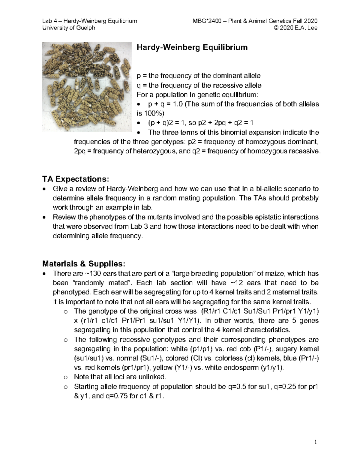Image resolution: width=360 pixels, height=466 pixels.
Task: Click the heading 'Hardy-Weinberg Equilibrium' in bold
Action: (x=192, y=47)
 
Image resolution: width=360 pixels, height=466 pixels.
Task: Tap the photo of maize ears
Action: (x=87, y=87)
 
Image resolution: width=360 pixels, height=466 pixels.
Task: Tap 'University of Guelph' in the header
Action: (x=69, y=28)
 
